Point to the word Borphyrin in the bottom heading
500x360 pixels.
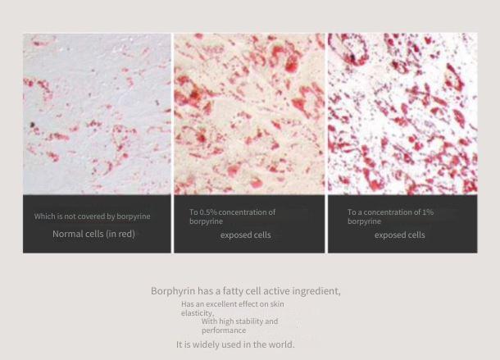(x=173, y=291)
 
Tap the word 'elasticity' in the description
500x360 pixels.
(x=197, y=313)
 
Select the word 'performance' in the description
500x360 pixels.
(x=224, y=330)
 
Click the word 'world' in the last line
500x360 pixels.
(x=281, y=344)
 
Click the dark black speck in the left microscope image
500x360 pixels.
(x=32, y=125)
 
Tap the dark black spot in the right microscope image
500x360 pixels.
(x=352, y=57)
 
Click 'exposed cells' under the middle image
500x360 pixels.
(x=246, y=235)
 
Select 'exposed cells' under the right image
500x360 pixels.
(x=400, y=235)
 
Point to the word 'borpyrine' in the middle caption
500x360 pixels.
(x=206, y=221)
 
